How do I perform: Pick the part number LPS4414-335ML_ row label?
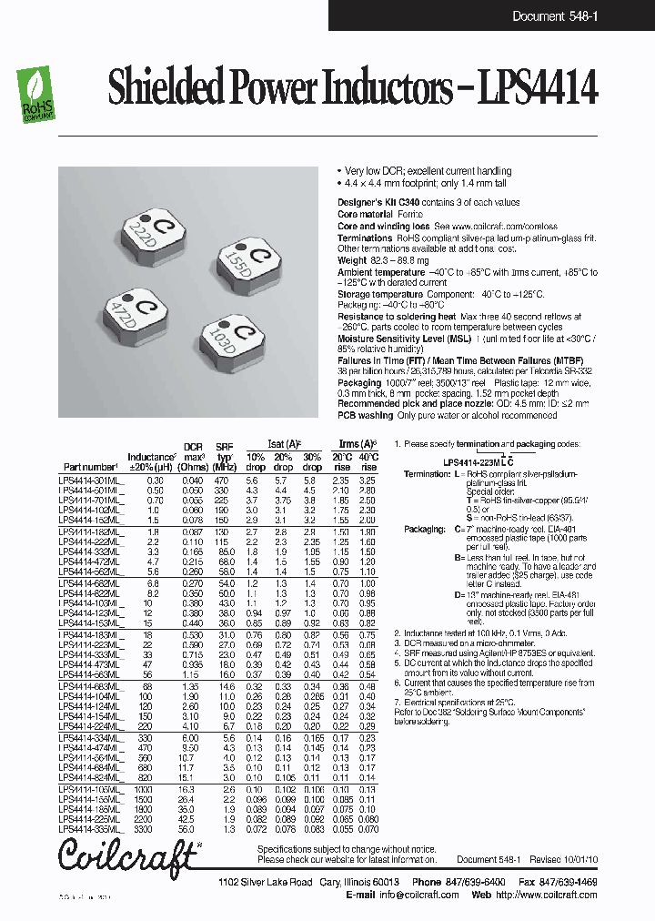[90, 830]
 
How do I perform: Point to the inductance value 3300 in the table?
[155, 830]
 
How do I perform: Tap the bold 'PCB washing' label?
[366, 415]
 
